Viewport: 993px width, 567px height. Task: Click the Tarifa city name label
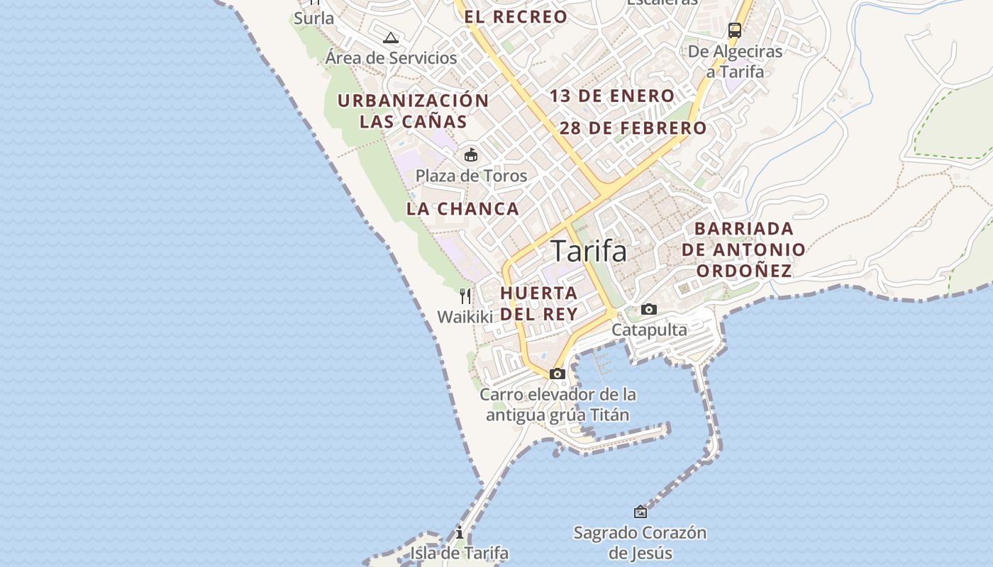click(x=589, y=251)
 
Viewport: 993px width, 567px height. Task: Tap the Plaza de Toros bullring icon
click(x=470, y=155)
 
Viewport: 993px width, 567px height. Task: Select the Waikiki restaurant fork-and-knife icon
click(x=465, y=296)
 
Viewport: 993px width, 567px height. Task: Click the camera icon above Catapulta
click(x=648, y=310)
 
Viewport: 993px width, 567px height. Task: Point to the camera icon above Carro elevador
click(x=557, y=374)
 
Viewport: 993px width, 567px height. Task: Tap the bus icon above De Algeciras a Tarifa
click(x=735, y=30)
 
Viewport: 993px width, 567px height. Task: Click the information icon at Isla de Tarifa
click(x=460, y=532)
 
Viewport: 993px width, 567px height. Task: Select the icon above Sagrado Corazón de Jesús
click(x=640, y=511)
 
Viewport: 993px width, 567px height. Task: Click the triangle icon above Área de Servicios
click(x=390, y=38)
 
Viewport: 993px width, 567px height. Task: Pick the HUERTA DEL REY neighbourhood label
click(x=539, y=303)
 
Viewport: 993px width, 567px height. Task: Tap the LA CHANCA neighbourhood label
click(x=462, y=209)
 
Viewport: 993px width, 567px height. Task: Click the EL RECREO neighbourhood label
click(x=516, y=17)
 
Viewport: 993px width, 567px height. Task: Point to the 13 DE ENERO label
click(x=612, y=96)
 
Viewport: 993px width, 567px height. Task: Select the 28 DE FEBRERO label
click(x=633, y=128)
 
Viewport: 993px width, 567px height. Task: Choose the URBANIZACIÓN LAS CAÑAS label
click(x=414, y=111)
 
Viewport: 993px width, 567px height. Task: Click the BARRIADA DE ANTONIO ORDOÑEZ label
click(x=743, y=249)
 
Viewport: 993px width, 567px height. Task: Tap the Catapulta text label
click(x=649, y=330)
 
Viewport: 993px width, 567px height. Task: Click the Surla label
click(x=314, y=18)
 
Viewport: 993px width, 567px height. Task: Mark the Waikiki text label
click(x=465, y=317)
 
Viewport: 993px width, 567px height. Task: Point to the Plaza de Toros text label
click(x=471, y=176)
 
